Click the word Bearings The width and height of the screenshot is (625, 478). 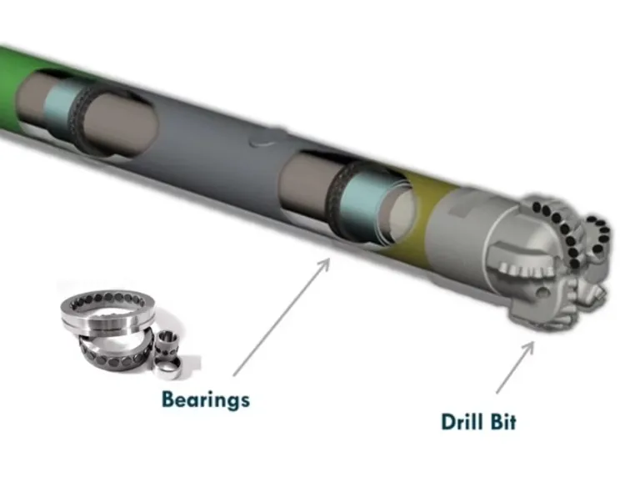[206, 400]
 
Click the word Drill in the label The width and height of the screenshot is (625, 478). [462, 422]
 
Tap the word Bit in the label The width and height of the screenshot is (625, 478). [503, 422]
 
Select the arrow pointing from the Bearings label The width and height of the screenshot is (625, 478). [282, 317]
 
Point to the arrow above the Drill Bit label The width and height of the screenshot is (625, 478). [515, 368]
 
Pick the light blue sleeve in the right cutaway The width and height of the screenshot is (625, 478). [361, 204]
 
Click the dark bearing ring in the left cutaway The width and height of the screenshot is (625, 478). [79, 116]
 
